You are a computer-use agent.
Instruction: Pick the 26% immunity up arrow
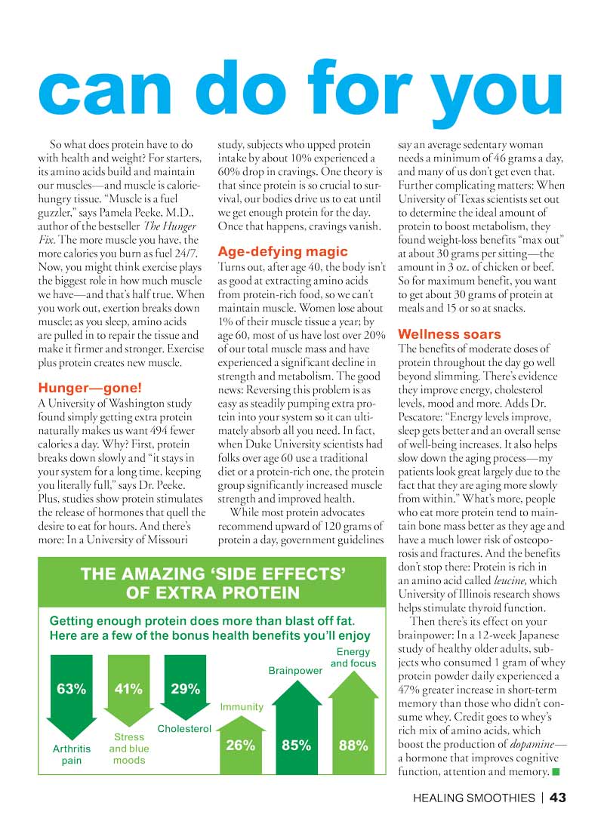pos(241,743)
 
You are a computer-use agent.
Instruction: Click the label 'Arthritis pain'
pos(72,755)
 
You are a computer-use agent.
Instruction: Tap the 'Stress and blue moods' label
pos(129,749)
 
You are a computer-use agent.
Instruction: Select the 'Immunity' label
pos(242,707)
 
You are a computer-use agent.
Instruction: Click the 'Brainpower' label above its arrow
pos(296,669)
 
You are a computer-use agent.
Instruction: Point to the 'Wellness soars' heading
pos(449,334)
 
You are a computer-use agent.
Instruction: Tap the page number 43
pos(558,797)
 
